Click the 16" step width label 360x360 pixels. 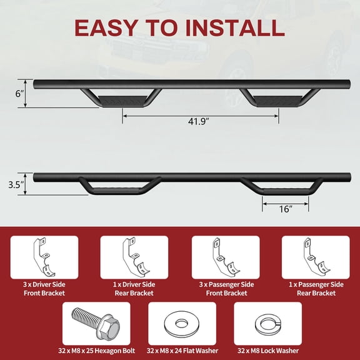[x=286, y=209]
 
